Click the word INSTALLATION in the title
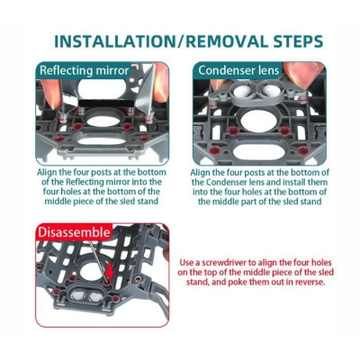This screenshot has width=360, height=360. tap(115, 41)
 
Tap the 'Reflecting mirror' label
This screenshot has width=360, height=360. tap(85, 71)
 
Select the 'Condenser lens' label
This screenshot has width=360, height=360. tap(238, 70)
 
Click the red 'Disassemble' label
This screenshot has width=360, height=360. tap(74, 232)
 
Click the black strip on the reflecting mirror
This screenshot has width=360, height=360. tap(106, 103)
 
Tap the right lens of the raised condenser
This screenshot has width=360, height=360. tap(272, 90)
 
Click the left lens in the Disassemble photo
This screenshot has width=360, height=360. tap(78, 294)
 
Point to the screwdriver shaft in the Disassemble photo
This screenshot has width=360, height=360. tap(98, 260)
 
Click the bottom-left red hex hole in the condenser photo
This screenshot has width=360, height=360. tap(214, 150)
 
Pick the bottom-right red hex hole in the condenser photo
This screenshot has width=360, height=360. tap(303, 150)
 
